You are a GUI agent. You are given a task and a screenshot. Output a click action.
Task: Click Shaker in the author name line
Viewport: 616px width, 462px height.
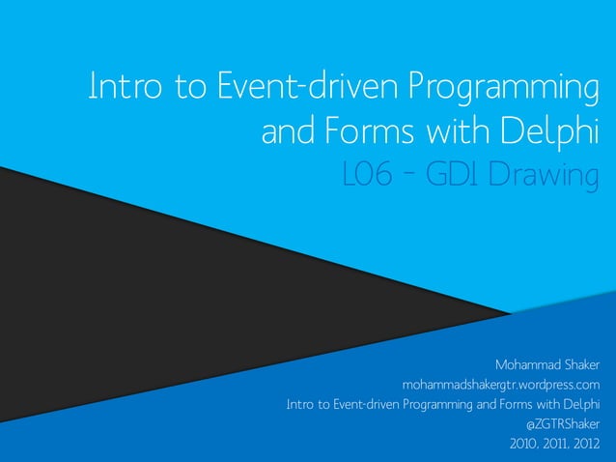point(582,365)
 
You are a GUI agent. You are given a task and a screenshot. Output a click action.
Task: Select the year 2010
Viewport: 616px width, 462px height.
point(525,445)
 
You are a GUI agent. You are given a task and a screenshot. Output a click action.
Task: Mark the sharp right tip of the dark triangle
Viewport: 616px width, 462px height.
point(510,312)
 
